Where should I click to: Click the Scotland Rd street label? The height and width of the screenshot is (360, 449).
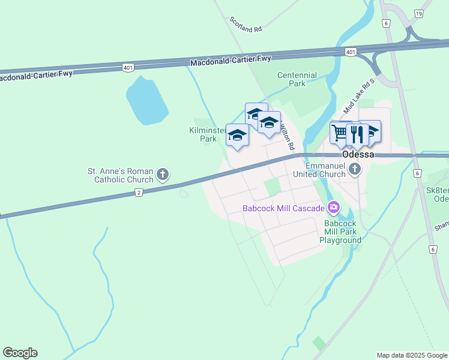tap(246, 25)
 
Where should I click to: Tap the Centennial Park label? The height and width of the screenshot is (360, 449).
tap(297, 79)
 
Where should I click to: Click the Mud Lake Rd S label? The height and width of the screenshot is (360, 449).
tap(359, 96)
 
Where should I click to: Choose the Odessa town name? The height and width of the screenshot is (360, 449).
tap(358, 154)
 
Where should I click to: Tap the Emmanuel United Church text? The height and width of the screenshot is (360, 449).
tap(324, 170)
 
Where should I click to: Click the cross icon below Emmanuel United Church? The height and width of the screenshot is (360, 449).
tap(355, 169)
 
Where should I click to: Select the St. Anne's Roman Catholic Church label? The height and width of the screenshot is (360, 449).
tap(121, 175)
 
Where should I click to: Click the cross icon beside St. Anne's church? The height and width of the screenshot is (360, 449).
tap(162, 175)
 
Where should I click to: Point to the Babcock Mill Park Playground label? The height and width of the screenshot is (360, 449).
tap(340, 230)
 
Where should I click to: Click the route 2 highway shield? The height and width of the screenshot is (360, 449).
tap(139, 192)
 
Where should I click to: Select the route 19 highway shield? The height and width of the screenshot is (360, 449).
tap(418, 13)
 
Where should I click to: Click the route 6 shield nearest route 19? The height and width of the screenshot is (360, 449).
tap(385, 22)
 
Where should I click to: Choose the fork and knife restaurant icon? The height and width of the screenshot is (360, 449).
tap(357, 134)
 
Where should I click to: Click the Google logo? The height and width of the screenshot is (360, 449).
tap(20, 353)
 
